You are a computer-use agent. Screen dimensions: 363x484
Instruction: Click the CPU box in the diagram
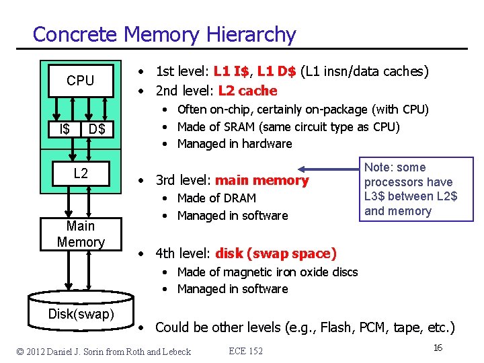click(80, 81)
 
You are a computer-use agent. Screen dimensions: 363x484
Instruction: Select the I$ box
click(65, 128)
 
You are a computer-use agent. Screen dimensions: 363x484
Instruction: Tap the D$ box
click(97, 128)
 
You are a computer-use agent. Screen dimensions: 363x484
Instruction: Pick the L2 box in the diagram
click(80, 173)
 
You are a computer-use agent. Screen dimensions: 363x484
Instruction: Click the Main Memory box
click(81, 234)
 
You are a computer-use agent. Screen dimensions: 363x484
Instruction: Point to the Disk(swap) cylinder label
click(81, 314)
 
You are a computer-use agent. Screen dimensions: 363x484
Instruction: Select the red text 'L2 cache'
click(247, 91)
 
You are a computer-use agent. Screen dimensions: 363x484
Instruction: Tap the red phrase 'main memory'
click(261, 180)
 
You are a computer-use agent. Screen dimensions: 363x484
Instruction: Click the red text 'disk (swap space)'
click(276, 253)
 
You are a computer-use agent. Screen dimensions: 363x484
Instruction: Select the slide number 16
click(438, 348)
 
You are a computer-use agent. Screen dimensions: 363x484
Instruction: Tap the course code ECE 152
click(246, 351)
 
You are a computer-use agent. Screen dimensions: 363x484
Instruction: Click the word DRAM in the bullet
click(240, 198)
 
